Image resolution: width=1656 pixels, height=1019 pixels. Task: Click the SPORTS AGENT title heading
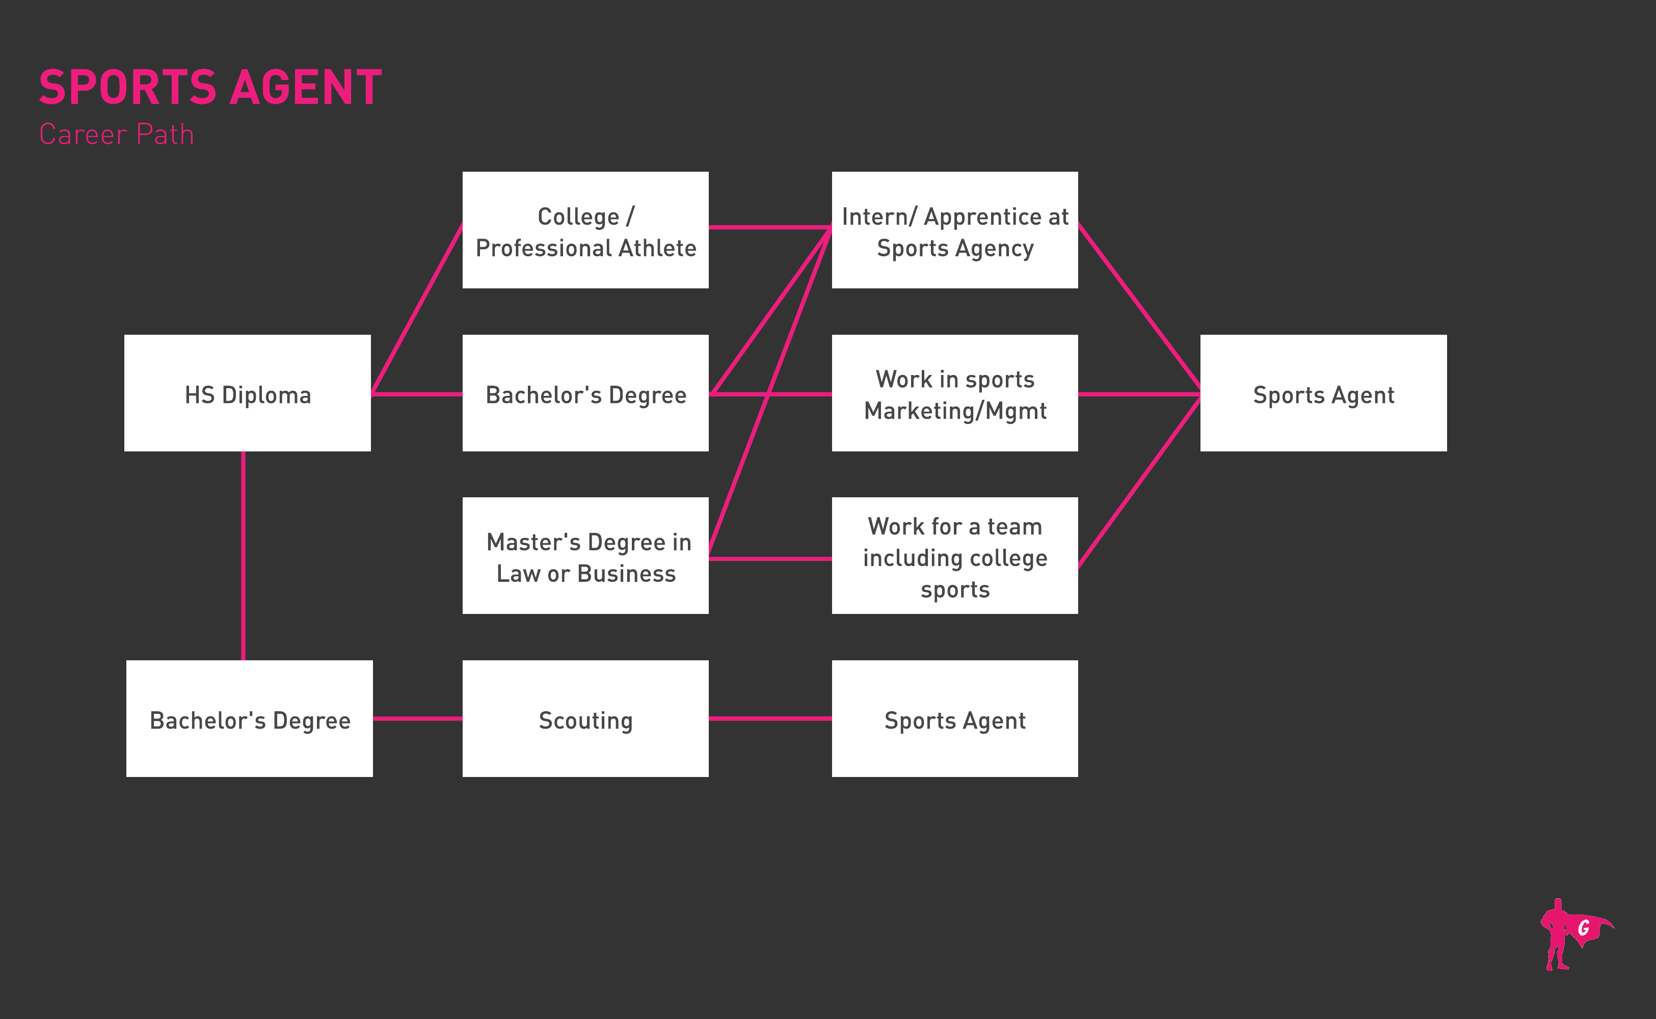tap(210, 88)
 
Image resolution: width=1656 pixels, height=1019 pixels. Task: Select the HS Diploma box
tap(247, 393)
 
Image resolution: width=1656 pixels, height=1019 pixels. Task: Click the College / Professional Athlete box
tap(585, 230)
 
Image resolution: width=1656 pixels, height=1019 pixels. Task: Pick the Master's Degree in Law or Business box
tap(585, 556)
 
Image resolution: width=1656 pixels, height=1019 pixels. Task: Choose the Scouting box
tap(585, 719)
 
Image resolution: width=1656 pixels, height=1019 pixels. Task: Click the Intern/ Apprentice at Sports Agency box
tap(954, 230)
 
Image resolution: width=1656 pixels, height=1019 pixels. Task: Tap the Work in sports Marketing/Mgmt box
tap(954, 393)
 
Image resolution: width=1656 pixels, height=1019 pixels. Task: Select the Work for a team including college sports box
tap(954, 556)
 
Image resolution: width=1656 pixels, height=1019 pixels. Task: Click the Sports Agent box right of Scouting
tap(954, 719)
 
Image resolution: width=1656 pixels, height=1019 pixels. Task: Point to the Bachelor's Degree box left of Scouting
tap(249, 719)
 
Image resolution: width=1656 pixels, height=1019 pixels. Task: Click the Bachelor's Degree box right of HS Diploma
tap(585, 393)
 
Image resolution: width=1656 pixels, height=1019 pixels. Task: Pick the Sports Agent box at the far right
tap(1323, 393)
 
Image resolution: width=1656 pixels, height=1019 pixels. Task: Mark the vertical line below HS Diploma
tap(244, 556)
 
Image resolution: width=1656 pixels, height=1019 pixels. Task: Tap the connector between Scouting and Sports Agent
tap(770, 719)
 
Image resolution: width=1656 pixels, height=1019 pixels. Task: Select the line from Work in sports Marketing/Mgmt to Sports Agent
tap(1139, 393)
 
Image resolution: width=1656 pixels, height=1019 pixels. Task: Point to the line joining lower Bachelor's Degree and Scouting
tap(417, 719)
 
